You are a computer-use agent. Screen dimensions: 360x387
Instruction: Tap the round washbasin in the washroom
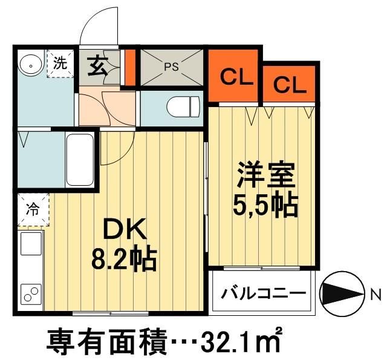pyautogui.click(x=29, y=63)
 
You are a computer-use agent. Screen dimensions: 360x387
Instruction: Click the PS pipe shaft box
pyautogui.click(x=172, y=67)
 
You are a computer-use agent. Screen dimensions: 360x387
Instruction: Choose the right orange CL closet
pyautogui.click(x=290, y=84)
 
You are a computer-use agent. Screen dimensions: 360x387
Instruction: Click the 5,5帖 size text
pyautogui.click(x=265, y=206)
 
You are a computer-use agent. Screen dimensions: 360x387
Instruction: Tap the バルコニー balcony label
pyautogui.click(x=262, y=294)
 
